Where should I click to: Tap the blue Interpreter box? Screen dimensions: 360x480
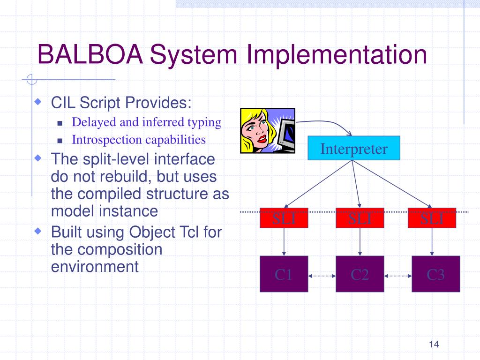pos(354,149)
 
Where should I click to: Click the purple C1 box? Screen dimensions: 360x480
pos(284,274)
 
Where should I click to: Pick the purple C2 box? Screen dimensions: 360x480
pos(360,274)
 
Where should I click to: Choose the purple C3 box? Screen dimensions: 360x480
pos(435,274)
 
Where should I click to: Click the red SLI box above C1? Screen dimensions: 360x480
pos(284,218)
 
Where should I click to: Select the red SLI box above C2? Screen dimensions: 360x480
pos(360,218)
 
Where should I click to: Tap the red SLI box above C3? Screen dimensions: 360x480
pos(432,218)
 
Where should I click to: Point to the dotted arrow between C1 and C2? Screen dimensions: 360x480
pos(322,276)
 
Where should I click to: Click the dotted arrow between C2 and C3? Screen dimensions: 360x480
pos(397,276)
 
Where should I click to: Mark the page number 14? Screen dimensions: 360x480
pos(433,345)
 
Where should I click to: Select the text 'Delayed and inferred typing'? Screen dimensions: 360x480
pos(146,122)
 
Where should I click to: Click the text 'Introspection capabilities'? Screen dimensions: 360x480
pos(139,140)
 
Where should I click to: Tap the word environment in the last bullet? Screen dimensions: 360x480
pos(95,267)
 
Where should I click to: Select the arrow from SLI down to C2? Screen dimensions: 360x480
pos(360,242)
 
